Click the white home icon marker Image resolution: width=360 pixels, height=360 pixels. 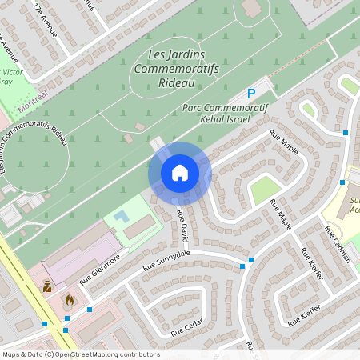point(179,172)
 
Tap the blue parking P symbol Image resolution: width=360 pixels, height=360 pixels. point(250,94)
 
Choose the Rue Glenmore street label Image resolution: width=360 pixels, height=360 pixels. point(100,270)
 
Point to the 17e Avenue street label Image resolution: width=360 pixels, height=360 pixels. point(46,19)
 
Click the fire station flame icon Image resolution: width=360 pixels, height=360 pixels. point(68,300)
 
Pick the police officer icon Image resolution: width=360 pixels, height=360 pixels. point(47,285)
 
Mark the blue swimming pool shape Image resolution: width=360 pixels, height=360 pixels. point(121,217)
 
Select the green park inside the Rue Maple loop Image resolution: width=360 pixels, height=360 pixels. point(265,190)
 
